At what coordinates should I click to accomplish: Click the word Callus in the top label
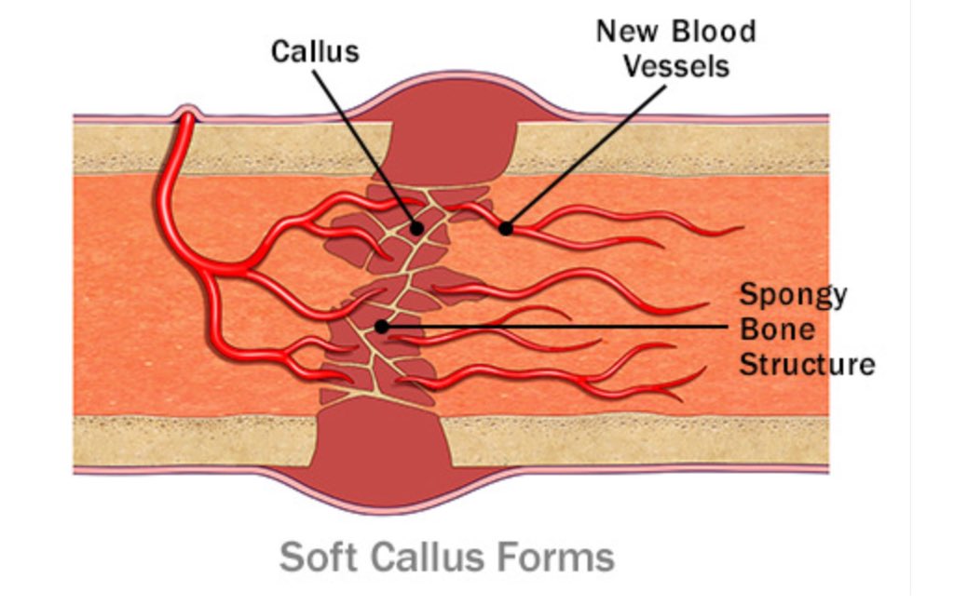coord(315,50)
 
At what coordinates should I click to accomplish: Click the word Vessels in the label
coord(675,67)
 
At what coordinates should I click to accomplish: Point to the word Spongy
coord(793,295)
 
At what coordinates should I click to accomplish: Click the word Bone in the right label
coord(777,329)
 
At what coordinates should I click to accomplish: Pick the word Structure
coord(808,363)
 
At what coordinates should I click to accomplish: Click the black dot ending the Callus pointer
coord(417,227)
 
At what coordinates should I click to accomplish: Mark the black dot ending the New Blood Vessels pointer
coord(506,228)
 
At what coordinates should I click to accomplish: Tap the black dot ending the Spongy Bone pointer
coord(381,327)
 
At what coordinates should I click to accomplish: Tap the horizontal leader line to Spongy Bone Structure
coord(559,327)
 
